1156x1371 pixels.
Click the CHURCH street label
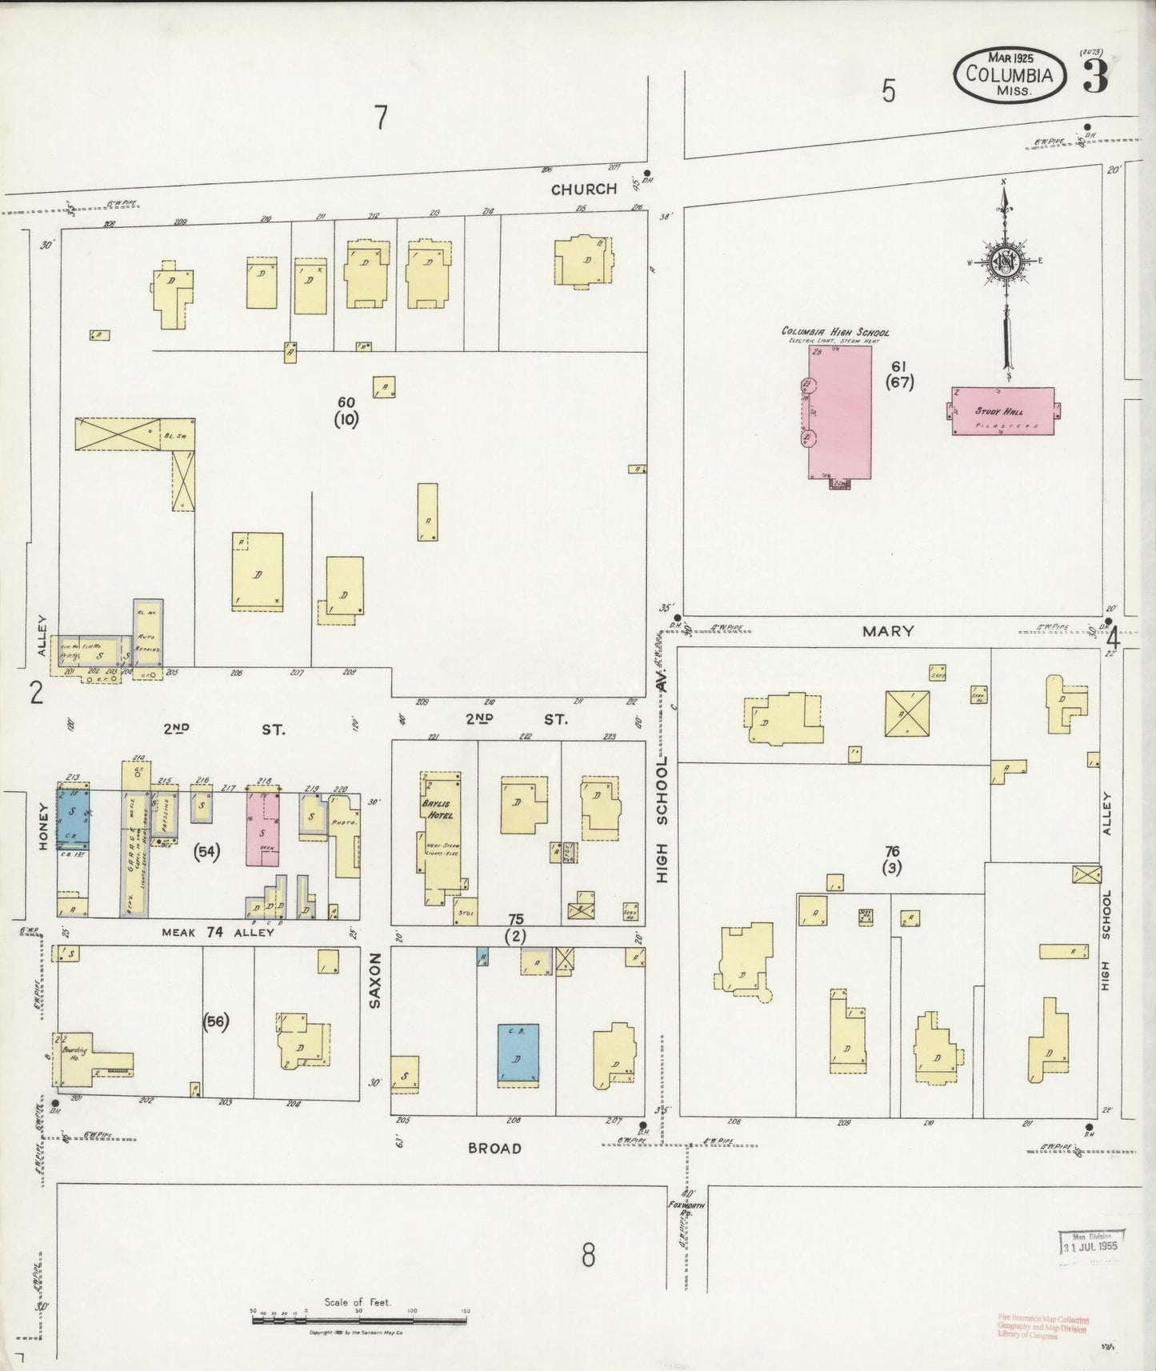click(x=583, y=189)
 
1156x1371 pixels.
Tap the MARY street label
click(x=888, y=631)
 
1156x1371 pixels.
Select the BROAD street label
click(x=494, y=1148)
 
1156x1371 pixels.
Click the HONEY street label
click(x=43, y=825)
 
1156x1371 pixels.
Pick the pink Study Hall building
click(x=1003, y=412)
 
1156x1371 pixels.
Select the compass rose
click(x=1005, y=266)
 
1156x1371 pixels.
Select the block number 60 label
click(x=346, y=402)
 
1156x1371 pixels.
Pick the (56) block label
click(x=215, y=1021)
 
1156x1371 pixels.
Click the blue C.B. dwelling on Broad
click(x=517, y=1054)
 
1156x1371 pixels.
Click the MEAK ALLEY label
click(x=218, y=932)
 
